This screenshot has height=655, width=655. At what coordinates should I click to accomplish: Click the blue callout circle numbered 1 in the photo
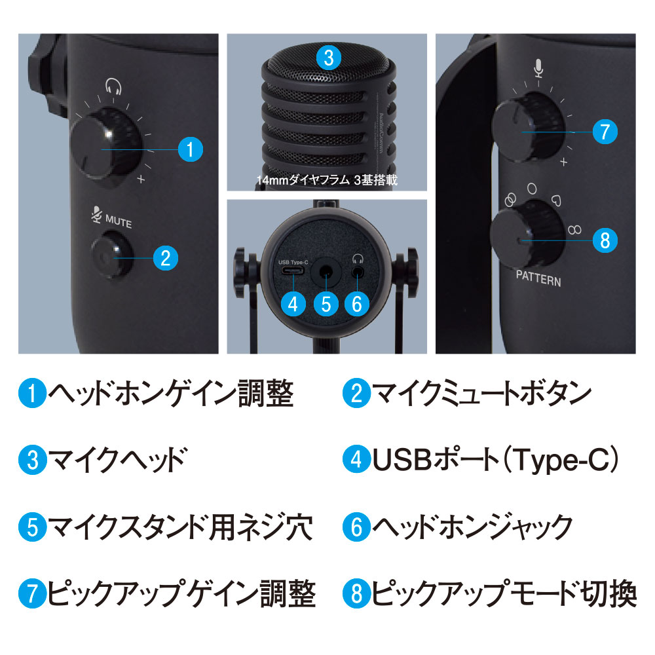191,149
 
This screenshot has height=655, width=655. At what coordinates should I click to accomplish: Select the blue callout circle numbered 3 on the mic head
329,58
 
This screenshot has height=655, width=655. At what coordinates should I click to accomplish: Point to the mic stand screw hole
326,272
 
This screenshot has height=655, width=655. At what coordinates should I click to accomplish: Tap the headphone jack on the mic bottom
358,272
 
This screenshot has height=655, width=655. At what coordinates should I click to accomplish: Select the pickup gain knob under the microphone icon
529,127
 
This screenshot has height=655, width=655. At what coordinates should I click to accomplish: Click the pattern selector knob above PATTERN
527,234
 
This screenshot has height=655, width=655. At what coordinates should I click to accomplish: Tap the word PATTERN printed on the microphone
538,278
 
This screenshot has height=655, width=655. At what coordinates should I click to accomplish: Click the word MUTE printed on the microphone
119,221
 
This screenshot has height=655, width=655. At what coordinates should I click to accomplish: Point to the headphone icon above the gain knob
113,86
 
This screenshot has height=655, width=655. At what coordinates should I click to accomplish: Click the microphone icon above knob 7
538,67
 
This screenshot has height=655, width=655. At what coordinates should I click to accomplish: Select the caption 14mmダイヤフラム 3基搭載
327,180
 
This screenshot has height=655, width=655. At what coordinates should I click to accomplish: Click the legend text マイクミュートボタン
481,393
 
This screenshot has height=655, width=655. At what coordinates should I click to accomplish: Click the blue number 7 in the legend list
32,593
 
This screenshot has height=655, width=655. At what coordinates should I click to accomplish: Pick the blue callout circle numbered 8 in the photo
605,240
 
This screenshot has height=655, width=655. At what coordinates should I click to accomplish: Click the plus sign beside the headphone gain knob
141,179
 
